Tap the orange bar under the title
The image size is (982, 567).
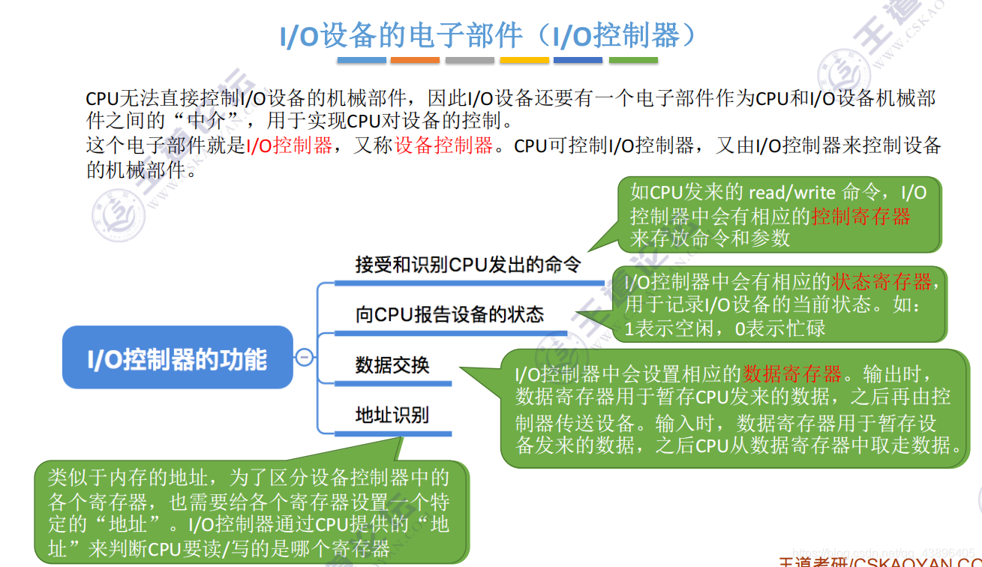[x=415, y=60]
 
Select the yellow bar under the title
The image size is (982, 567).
[x=524, y=60]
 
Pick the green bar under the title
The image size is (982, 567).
[x=633, y=60]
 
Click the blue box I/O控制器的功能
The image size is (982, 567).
[x=177, y=358]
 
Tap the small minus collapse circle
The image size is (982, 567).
[x=305, y=358]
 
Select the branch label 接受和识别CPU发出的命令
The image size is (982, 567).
[x=467, y=265]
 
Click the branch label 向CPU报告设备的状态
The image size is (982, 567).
[x=449, y=314]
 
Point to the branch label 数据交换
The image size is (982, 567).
[x=392, y=365]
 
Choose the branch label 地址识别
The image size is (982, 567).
[x=392, y=415]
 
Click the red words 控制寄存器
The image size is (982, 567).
[x=860, y=216]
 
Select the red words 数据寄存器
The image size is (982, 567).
[x=792, y=373]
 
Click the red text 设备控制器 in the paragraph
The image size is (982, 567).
[x=444, y=145]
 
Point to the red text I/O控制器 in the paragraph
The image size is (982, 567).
[x=290, y=145]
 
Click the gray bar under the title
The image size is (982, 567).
[x=470, y=60]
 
